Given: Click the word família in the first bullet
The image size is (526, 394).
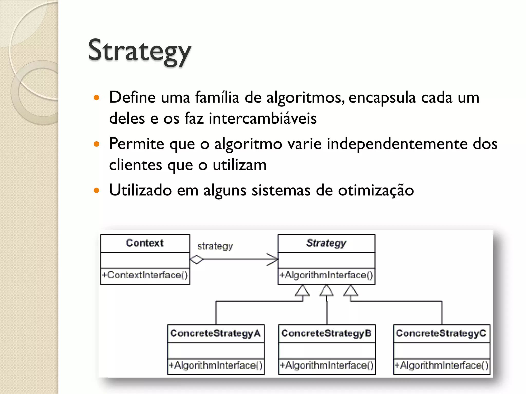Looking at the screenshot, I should (217, 97).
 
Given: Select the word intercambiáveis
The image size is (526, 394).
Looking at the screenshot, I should (262, 119).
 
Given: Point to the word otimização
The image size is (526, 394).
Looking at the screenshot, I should (376, 190).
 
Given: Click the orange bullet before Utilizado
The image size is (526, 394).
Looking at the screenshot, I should (97, 191).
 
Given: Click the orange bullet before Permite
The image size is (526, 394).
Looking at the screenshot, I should (97, 144).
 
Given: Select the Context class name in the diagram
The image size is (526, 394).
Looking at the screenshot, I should (145, 243).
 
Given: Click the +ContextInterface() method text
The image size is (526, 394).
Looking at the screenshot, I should (145, 275).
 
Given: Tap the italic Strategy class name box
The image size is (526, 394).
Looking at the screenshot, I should (326, 243).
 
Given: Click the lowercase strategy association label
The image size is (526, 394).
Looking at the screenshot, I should (215, 246).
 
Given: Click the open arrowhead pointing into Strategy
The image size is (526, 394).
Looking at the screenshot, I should (273, 259).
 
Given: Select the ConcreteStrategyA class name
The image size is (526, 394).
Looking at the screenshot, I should (215, 333).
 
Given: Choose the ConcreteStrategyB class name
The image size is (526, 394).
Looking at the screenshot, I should (326, 333).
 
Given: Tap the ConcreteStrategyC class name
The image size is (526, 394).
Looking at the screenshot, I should (441, 333).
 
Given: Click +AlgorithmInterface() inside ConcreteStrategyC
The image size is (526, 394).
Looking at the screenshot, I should (441, 365).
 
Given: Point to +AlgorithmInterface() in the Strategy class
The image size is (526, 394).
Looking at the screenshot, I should (326, 275).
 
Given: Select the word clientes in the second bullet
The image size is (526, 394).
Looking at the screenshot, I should (135, 165).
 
